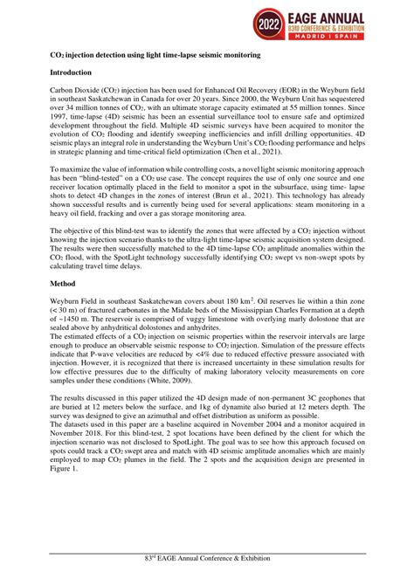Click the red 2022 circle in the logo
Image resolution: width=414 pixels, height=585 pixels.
click(274, 24)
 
